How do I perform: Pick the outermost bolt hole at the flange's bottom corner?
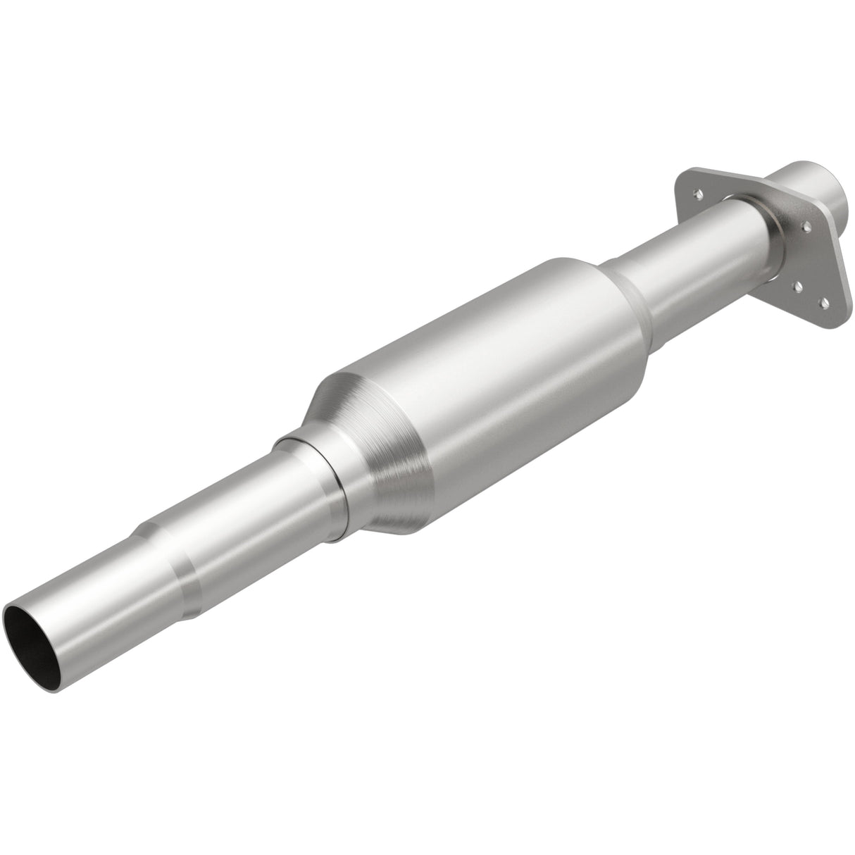823,303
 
